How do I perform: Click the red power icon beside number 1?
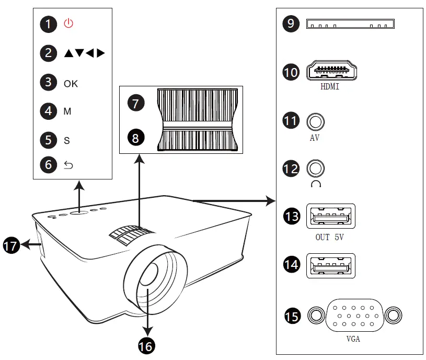click(69, 24)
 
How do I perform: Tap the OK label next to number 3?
click(71, 83)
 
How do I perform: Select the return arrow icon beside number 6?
click(68, 165)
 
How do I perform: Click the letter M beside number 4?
click(67, 111)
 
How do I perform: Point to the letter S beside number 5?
click(67, 141)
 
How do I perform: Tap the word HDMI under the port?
click(330, 87)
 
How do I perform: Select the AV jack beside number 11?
click(315, 121)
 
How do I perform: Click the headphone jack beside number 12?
click(315, 168)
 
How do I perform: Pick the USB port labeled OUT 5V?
click(330, 216)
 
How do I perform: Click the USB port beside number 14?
click(330, 266)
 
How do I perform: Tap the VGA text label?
click(353, 339)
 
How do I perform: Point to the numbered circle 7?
click(136, 103)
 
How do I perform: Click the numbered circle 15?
click(293, 316)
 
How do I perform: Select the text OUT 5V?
click(330, 237)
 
